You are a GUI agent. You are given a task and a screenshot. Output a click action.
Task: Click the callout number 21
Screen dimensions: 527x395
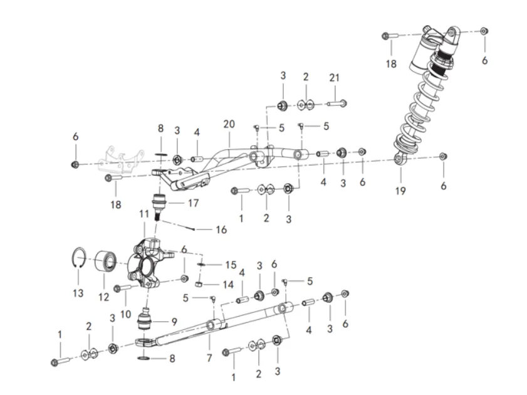335,78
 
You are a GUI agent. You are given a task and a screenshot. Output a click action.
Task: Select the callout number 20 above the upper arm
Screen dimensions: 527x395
229,124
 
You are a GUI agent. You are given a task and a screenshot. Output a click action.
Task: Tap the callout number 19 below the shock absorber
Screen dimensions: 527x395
400,191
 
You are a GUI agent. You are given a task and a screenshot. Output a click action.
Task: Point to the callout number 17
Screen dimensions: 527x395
193,203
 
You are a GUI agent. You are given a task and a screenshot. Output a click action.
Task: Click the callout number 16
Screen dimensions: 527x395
221,229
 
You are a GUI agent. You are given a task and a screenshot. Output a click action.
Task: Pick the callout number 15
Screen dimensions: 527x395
231,265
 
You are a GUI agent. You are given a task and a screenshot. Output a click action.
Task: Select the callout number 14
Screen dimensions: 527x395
228,285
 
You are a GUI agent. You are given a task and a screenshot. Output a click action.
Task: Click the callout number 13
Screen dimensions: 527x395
78,293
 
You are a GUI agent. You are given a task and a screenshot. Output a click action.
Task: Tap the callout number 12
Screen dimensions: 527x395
104,297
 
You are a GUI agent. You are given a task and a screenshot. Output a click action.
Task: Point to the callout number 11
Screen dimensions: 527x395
144,214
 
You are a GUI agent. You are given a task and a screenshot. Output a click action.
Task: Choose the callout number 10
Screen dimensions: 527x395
125,314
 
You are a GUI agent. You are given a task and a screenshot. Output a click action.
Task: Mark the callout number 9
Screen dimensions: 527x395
174,322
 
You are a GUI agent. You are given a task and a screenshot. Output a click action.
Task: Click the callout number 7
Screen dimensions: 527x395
209,358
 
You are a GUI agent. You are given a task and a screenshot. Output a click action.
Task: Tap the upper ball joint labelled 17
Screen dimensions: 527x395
158,206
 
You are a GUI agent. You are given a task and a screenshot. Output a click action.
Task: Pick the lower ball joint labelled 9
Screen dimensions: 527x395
145,320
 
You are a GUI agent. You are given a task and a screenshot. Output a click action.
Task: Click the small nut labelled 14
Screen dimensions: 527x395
198,285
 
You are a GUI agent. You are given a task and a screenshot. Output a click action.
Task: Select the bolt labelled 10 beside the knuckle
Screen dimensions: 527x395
123,288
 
